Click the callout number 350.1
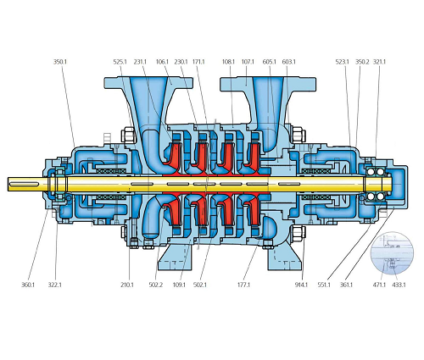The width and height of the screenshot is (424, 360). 60,62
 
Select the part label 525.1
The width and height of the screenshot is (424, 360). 120,62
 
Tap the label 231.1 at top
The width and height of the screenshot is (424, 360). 140,62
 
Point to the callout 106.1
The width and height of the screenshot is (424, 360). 162,62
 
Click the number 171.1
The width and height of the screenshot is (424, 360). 198,62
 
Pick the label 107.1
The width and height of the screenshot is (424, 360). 248,62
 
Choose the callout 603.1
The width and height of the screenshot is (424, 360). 288,62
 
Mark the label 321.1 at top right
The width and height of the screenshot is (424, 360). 379,62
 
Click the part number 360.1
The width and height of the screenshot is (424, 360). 28,285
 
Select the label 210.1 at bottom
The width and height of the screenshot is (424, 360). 127,285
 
